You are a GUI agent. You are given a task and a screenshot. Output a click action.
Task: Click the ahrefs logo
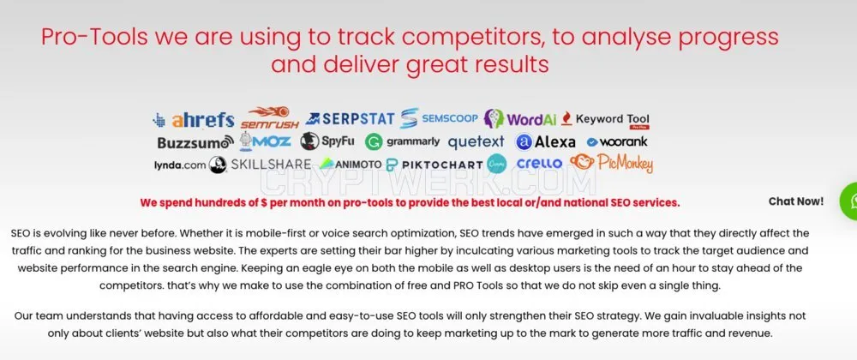pyautogui.click(x=194, y=120)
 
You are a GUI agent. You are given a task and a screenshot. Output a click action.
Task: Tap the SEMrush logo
pyautogui.click(x=269, y=118)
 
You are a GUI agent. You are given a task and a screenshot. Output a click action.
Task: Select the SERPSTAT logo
pyautogui.click(x=350, y=118)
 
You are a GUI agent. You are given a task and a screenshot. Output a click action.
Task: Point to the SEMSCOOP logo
pyautogui.click(x=439, y=118)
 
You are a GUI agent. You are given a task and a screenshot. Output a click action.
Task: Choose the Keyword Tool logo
pyautogui.click(x=606, y=120)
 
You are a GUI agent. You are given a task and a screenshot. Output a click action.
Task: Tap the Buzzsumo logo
pyautogui.click(x=195, y=142)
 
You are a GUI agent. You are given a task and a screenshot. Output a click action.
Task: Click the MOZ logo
pyautogui.click(x=265, y=141)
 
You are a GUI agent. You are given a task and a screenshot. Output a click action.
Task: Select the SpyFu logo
pyautogui.click(x=327, y=141)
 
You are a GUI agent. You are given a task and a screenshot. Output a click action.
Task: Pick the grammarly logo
pyautogui.click(x=402, y=142)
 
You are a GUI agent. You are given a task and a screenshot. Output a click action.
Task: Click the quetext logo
pyautogui.click(x=476, y=142)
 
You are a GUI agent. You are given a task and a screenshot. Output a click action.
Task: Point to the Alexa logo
pyautogui.click(x=545, y=142)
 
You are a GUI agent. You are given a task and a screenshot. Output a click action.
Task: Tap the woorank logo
pyautogui.click(x=617, y=142)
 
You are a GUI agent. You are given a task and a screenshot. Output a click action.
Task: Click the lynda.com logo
pyautogui.click(x=180, y=165)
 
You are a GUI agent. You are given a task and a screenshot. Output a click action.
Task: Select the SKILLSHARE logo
pyautogui.click(x=261, y=165)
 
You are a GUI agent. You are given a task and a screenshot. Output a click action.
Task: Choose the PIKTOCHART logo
pyautogui.click(x=434, y=165)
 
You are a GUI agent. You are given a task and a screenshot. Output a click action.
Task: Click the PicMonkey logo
pyautogui.click(x=611, y=163)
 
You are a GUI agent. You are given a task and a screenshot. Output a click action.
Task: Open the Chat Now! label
pyautogui.click(x=796, y=201)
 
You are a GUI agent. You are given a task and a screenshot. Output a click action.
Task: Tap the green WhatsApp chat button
pyautogui.click(x=848, y=201)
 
